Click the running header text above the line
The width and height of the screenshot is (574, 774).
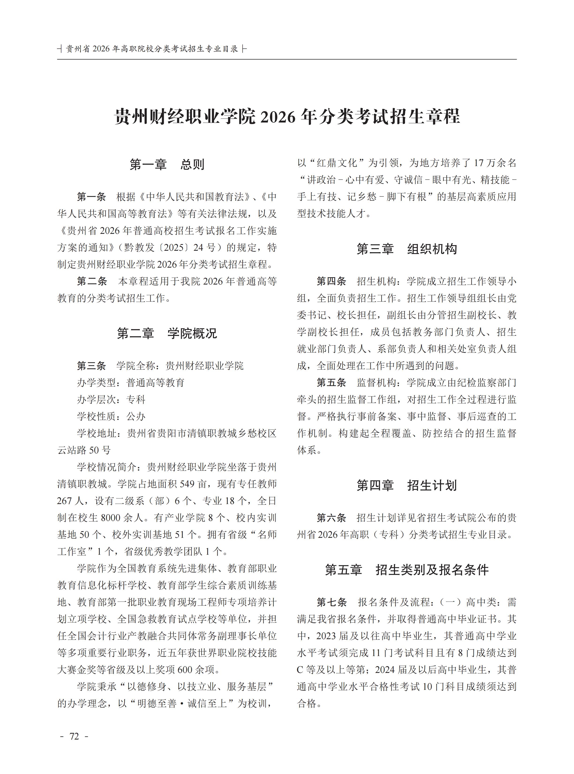152,49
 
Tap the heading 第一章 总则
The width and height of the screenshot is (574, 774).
167,164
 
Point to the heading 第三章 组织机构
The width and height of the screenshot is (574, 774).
406,249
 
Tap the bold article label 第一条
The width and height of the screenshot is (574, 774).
91,197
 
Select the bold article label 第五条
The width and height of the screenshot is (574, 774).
331,383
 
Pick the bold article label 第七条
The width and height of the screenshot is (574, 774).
331,602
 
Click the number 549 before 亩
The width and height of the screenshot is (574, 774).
187,484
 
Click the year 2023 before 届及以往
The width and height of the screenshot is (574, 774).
326,636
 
